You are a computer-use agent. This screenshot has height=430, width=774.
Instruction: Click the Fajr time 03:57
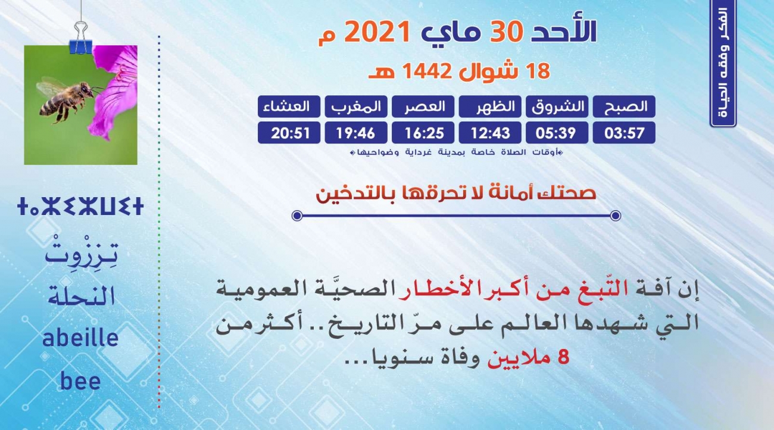(x=624, y=133)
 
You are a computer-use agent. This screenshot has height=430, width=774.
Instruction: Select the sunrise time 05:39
(x=557, y=133)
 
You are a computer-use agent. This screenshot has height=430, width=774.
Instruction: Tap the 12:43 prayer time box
(x=490, y=133)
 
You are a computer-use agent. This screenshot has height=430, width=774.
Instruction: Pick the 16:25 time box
(x=423, y=133)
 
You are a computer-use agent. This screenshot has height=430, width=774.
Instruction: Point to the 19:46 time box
(x=356, y=133)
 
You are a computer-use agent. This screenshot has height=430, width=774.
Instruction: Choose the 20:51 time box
(x=289, y=133)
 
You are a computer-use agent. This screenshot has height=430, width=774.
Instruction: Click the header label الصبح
(x=624, y=107)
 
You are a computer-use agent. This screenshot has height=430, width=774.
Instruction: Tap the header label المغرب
(x=356, y=107)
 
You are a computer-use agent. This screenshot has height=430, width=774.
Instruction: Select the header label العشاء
(x=289, y=107)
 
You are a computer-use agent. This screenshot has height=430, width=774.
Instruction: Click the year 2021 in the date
(x=377, y=32)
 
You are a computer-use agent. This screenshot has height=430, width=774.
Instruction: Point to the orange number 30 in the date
(x=506, y=32)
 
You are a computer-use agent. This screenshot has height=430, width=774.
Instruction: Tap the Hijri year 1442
(x=427, y=71)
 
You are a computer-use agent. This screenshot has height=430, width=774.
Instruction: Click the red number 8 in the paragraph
(x=563, y=357)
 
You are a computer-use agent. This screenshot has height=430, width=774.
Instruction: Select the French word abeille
(x=80, y=338)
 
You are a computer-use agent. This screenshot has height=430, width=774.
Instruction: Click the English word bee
(x=80, y=381)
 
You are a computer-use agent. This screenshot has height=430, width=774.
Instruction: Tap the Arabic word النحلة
(x=81, y=296)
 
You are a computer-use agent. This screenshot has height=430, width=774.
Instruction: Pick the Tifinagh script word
(x=80, y=207)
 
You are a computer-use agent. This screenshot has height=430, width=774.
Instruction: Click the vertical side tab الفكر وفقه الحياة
(x=723, y=63)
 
